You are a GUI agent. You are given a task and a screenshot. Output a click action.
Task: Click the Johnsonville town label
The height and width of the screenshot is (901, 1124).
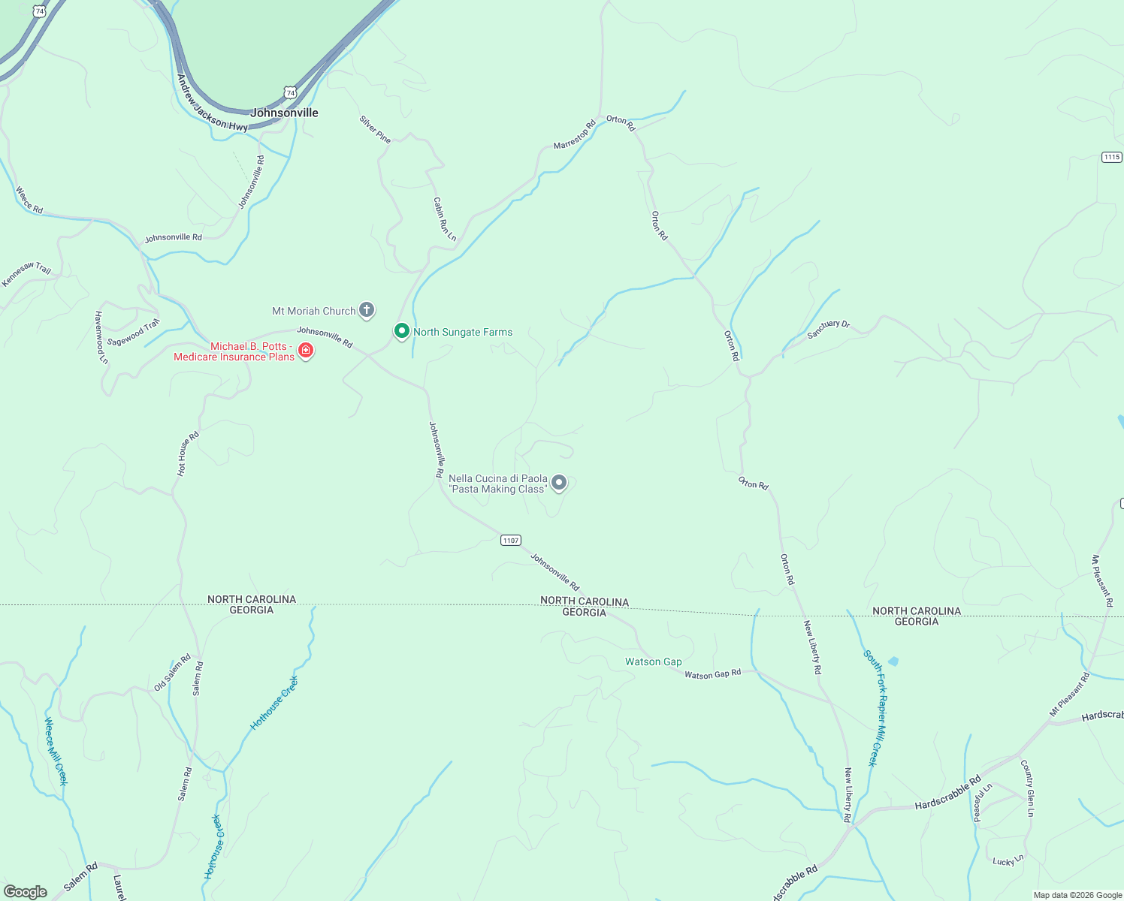pyautogui.click(x=284, y=113)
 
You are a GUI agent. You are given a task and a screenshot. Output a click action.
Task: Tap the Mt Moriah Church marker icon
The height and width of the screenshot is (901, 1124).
pyautogui.click(x=366, y=309)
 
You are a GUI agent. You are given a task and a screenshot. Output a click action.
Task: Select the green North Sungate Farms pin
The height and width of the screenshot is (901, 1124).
pyautogui.click(x=402, y=330)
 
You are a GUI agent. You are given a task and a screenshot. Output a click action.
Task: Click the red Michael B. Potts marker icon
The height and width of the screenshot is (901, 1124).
pyautogui.click(x=306, y=350)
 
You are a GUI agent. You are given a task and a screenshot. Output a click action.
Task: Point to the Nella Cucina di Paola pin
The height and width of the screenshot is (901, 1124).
pyautogui.click(x=559, y=482)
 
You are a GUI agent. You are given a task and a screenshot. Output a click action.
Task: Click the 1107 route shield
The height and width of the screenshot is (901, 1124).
pyautogui.click(x=511, y=541)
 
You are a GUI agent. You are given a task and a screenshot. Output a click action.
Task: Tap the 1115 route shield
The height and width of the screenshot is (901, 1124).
pyautogui.click(x=1112, y=157)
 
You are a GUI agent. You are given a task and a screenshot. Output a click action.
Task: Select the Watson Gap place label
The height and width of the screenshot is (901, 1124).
pyautogui.click(x=654, y=661)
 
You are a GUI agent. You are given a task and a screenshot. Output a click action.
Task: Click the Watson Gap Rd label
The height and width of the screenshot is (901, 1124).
pyautogui.click(x=712, y=674)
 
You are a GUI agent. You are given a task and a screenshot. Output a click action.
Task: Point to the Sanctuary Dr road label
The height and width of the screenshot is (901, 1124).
pyautogui.click(x=828, y=329)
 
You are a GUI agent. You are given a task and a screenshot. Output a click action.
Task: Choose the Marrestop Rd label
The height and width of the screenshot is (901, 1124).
pyautogui.click(x=574, y=134)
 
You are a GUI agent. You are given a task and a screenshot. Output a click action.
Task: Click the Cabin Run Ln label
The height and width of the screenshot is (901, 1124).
pyautogui.click(x=445, y=219)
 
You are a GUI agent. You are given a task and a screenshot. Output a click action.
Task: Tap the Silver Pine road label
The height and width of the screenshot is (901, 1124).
pyautogui.click(x=375, y=129)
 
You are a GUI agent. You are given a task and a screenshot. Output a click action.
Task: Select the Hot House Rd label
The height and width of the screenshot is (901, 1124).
pyautogui.click(x=188, y=454)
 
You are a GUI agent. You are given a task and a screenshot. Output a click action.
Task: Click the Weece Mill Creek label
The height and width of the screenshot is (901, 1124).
pyautogui.click(x=56, y=752)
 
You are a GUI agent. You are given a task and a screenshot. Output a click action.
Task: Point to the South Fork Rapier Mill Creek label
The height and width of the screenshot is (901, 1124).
pyautogui.click(x=875, y=707)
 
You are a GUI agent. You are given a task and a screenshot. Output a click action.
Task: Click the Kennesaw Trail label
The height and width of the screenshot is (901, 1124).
pyautogui.click(x=26, y=274)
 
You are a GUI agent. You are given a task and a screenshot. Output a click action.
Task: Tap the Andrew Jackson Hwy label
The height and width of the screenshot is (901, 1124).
pyautogui.click(x=213, y=104)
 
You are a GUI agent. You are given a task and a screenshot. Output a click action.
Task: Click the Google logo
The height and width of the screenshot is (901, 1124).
pyautogui.click(x=26, y=892)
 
